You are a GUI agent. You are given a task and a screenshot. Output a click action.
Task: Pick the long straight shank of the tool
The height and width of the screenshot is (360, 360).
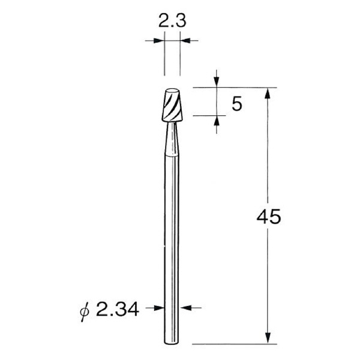tap(172, 240)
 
